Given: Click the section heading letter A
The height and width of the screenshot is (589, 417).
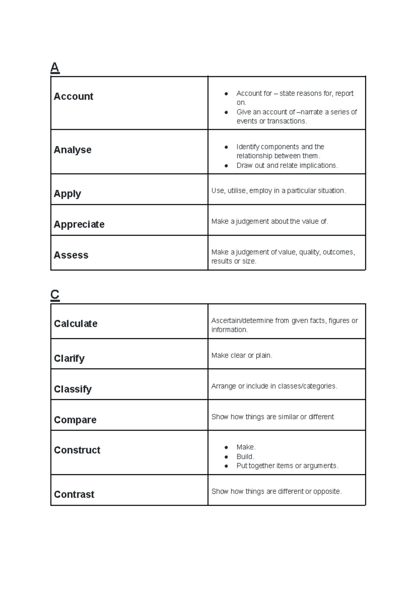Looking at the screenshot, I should (x=55, y=67).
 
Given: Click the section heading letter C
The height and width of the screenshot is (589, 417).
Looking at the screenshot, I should (x=55, y=295).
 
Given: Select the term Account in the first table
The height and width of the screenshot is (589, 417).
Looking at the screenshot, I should (x=73, y=96).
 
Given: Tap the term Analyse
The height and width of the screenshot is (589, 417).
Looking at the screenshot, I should (x=73, y=150).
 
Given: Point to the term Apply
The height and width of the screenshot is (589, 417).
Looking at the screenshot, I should (x=67, y=194).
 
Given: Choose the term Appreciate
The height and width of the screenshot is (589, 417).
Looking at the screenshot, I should (x=79, y=224).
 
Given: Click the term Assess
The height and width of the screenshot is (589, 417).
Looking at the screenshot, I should (x=71, y=255).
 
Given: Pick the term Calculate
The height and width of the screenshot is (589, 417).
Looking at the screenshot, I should (x=75, y=324).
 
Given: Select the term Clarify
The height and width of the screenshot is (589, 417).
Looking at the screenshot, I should (x=69, y=358).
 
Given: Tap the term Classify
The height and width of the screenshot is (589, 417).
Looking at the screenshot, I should (x=73, y=389).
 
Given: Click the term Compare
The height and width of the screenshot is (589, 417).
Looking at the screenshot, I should (x=75, y=420).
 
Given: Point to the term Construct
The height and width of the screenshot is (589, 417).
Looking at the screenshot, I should (x=77, y=450).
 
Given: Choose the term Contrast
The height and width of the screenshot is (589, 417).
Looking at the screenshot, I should (x=74, y=494).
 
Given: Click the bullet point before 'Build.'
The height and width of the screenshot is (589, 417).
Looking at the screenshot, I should (x=226, y=457).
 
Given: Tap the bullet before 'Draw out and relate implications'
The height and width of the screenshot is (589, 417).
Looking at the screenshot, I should (x=226, y=166).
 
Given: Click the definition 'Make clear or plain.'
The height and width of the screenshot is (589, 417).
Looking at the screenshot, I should (x=242, y=355).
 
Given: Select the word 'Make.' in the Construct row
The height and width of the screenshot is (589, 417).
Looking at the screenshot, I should (x=246, y=447).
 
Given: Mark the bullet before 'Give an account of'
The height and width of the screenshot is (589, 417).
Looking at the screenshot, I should (x=226, y=112).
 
